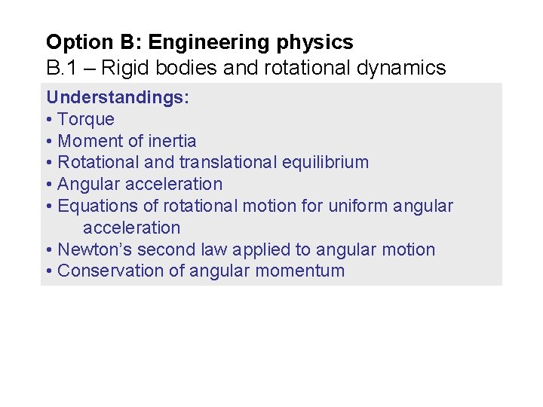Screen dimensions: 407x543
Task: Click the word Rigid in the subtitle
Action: click(x=123, y=68)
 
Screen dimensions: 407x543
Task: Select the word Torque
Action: click(x=86, y=119)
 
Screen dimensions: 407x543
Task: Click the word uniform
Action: click(x=358, y=206)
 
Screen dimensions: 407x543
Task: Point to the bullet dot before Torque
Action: click(x=49, y=119)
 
